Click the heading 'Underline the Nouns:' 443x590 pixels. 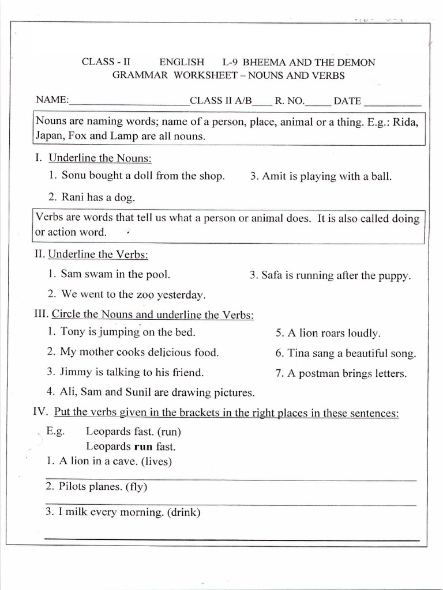(100, 158)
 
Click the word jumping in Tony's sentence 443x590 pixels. (119, 332)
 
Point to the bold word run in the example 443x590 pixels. (143, 446)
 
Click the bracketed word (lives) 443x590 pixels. (156, 461)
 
